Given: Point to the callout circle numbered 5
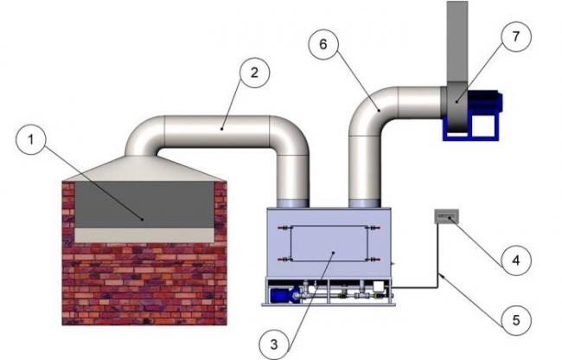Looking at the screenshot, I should [516, 321].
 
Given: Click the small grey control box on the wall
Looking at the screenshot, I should [446, 217].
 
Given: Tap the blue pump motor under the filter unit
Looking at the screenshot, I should [283, 296].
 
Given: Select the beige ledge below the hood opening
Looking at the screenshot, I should [144, 234].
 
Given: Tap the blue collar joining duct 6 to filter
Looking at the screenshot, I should [364, 202].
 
